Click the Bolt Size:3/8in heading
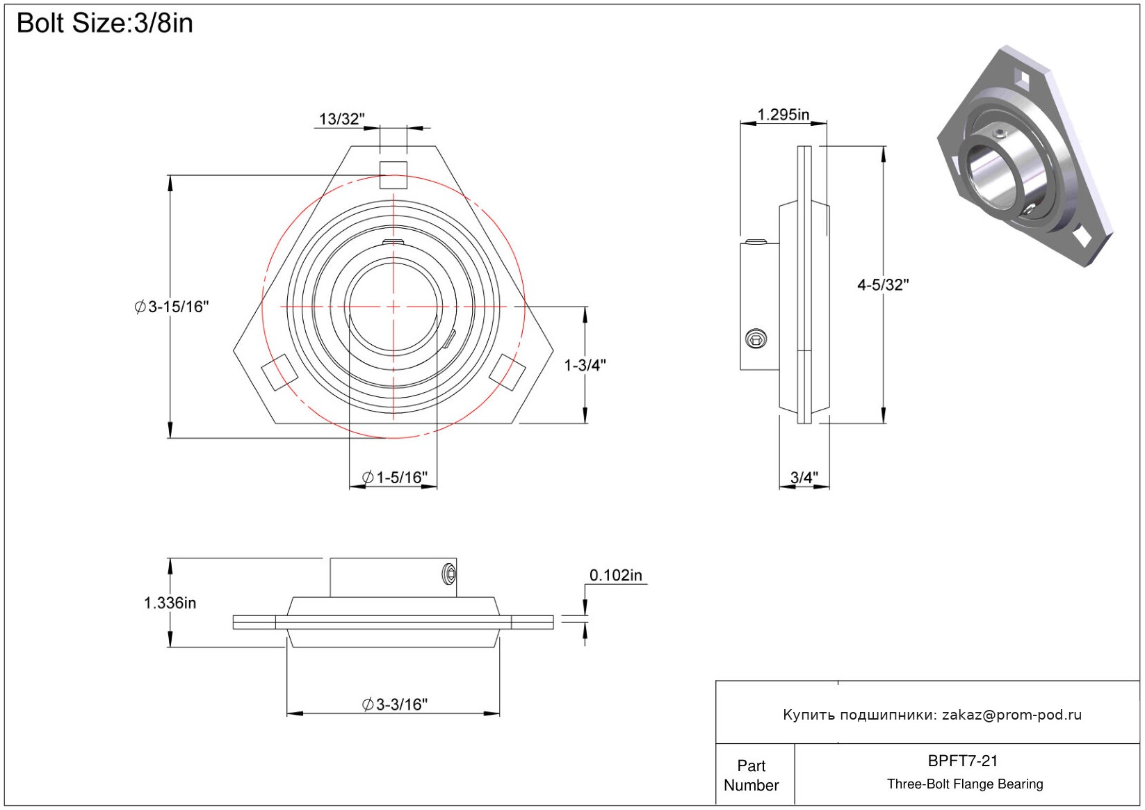point(104,23)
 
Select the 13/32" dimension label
point(341,119)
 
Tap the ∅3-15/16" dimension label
point(172,307)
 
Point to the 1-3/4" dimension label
point(585,365)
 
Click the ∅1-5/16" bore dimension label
point(395,478)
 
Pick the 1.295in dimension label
point(783,115)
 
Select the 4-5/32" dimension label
point(883,284)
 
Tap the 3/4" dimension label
point(804,478)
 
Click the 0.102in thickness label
point(616,576)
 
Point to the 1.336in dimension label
point(170,603)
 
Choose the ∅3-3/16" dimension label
point(395,704)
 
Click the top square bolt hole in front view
point(393,175)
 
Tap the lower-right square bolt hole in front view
point(507,371)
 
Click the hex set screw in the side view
point(756,339)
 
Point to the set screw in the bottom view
point(449,574)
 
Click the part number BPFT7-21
point(963,761)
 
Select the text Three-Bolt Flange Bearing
point(965,784)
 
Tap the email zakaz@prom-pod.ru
point(1012,715)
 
